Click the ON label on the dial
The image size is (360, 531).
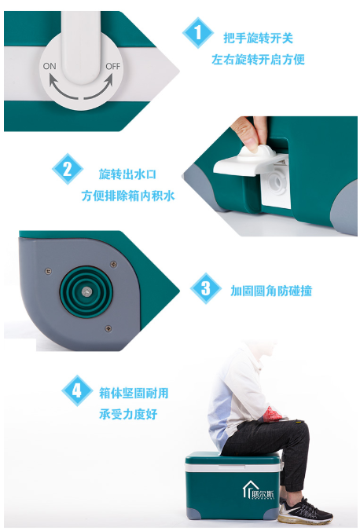tap(50, 66)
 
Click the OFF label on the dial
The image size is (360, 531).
tap(113, 66)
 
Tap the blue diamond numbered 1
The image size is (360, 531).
tap(197, 33)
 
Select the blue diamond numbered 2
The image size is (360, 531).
tap(68, 169)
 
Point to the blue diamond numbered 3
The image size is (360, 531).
tap(205, 288)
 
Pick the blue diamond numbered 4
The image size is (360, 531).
tap(77, 390)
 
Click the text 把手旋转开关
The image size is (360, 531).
tap(258, 38)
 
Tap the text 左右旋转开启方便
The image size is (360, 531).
tap(258, 60)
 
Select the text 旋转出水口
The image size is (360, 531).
tap(127, 174)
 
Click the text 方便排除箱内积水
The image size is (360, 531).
tap(128, 196)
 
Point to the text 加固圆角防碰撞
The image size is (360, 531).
tap(271, 291)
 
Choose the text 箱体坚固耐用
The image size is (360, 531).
tap(134, 393)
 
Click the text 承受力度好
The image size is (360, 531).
tap(128, 414)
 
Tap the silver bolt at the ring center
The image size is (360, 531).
tap(86, 291)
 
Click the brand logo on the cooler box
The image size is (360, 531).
tap(259, 490)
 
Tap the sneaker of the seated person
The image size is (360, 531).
tap(305, 511)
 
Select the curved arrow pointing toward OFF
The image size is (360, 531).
tap(101, 89)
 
